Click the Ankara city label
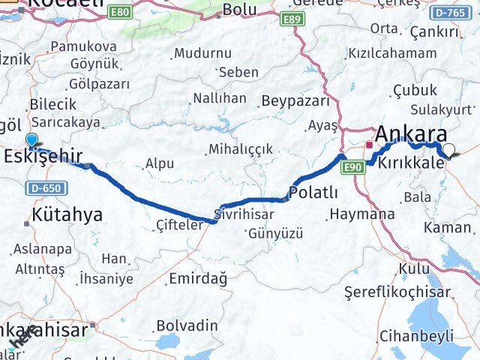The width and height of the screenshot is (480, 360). click(411, 135)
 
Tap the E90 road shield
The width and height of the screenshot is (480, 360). click(355, 166)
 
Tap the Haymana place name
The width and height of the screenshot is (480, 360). click(361, 214)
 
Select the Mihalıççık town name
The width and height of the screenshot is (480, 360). click(240, 149)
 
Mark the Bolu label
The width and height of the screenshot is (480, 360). click(240, 10)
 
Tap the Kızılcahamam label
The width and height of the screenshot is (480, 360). click(391, 53)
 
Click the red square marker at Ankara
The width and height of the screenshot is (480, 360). click(369, 143)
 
